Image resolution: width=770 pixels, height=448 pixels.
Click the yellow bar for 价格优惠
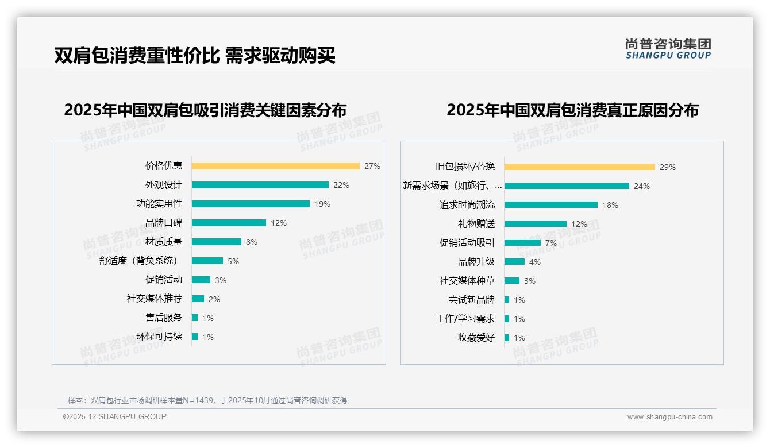click(275, 166)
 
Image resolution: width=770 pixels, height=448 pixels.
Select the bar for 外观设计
click(260, 185)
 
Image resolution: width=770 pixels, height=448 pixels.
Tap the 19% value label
click(322, 204)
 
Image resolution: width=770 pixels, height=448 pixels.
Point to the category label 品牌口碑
click(163, 223)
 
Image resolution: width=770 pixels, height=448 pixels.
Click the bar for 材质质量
click(216, 242)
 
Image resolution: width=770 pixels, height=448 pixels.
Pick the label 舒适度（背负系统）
click(140, 261)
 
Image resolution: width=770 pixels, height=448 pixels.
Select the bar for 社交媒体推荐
click(198, 299)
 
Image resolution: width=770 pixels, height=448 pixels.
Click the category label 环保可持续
click(159, 337)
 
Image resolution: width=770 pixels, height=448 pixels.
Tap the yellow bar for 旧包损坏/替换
click(579, 167)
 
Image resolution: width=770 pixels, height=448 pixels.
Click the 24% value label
click(641, 186)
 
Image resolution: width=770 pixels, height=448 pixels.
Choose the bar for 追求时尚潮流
click(550, 205)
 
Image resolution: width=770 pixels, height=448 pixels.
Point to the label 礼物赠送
click(476, 224)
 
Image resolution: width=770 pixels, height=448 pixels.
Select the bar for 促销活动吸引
click(522, 243)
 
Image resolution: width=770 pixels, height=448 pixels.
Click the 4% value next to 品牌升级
click(534, 262)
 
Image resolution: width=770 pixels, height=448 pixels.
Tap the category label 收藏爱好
click(476, 338)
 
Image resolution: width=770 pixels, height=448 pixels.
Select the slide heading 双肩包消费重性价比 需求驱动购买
click(195, 55)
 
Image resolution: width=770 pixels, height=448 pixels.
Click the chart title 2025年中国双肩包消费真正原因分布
click(572, 110)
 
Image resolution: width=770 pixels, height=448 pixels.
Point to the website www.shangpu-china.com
click(669, 417)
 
